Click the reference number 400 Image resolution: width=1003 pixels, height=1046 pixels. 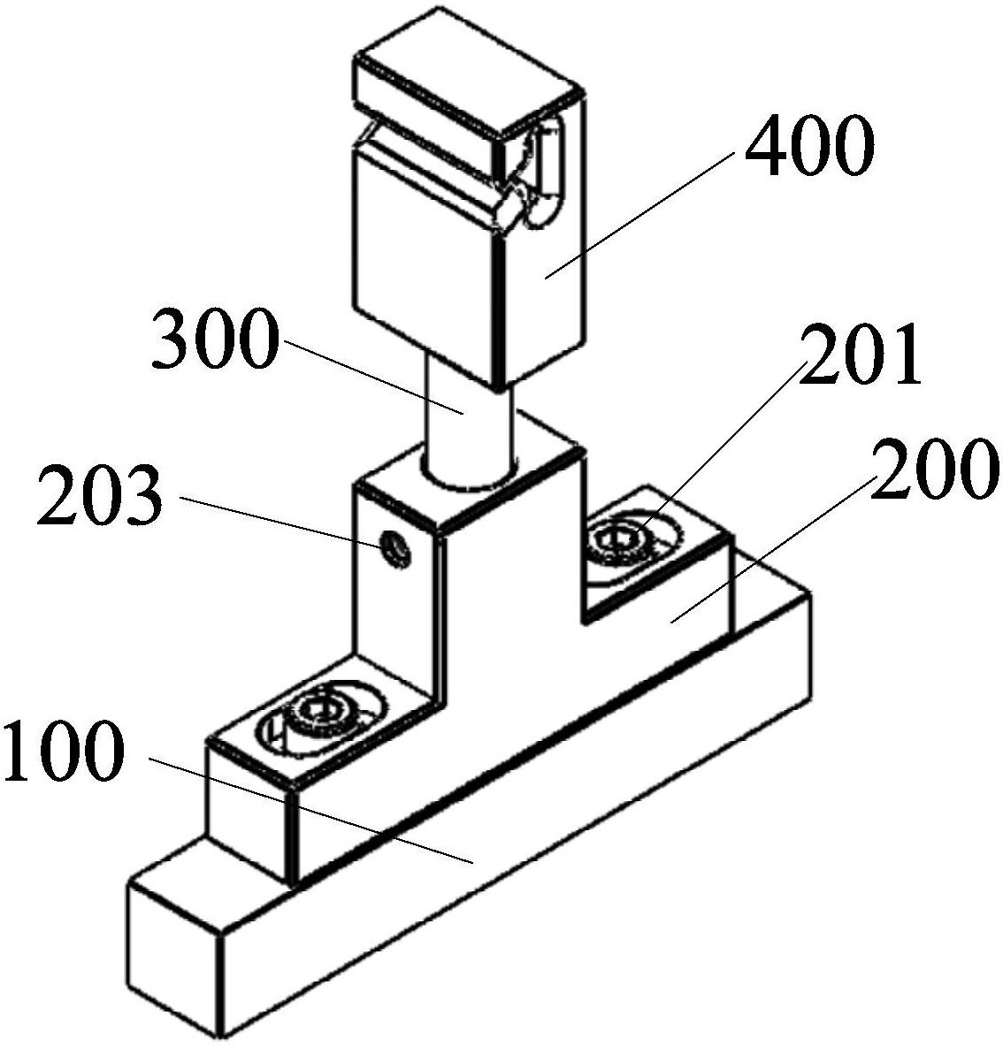tap(808, 145)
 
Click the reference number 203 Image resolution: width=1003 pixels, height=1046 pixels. tap(100, 495)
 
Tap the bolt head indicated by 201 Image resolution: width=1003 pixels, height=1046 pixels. tap(621, 538)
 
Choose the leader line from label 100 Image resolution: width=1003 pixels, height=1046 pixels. tap(311, 810)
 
